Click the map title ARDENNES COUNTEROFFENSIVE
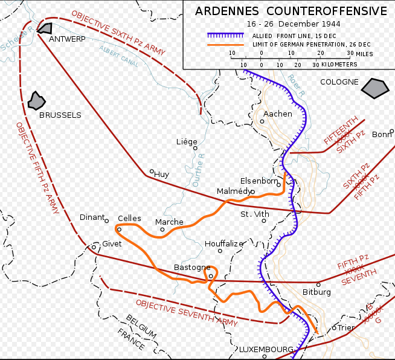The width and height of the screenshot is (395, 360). tap(291, 11)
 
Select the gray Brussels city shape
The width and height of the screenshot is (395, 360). tap(37, 101)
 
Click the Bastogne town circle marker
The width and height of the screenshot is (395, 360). tap(211, 276)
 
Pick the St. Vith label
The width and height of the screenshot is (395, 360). tap(254, 214)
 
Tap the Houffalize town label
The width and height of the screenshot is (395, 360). tap(223, 243)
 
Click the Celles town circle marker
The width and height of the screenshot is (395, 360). tap(120, 230)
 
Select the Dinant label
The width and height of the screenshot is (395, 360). tap(92, 217)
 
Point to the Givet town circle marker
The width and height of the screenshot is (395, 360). tap(94, 246)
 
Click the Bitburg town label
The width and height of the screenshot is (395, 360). tap(316, 292)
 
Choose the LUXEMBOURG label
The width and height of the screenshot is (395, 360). tap(266, 349)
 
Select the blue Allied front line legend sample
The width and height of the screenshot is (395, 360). tap(224, 35)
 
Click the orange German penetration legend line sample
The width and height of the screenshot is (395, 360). tap(224, 44)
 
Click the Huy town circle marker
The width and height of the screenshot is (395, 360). tap(152, 171)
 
